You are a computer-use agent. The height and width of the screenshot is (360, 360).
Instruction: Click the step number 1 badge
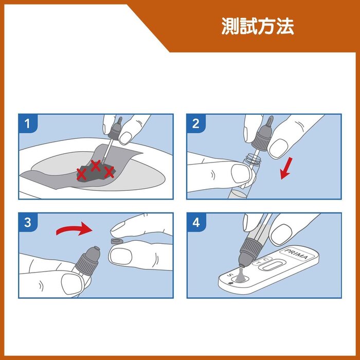point(28,123)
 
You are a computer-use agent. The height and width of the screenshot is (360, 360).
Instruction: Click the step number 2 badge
point(196,123)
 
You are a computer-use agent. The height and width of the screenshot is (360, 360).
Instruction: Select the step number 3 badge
point(28,223)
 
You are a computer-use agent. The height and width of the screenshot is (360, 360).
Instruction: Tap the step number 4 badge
point(196,223)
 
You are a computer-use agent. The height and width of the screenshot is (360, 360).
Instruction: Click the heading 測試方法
point(258,26)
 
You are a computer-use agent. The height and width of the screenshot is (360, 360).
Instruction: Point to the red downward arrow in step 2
point(286,168)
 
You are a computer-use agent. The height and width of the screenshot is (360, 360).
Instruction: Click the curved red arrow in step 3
point(74,230)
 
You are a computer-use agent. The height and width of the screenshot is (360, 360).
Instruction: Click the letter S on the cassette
point(229,275)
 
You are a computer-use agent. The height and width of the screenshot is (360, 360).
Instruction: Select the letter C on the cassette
point(266,259)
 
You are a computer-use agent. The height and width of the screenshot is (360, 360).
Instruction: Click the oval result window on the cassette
point(273,265)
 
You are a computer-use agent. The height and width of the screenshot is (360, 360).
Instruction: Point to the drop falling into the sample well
point(240,275)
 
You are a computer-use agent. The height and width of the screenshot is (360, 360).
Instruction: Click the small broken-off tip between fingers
point(117,241)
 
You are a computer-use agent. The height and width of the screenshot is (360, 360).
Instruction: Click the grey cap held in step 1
point(116,130)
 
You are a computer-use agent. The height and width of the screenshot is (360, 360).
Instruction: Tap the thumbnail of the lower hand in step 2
point(240,174)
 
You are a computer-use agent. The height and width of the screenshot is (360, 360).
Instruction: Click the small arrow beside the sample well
point(231,283)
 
